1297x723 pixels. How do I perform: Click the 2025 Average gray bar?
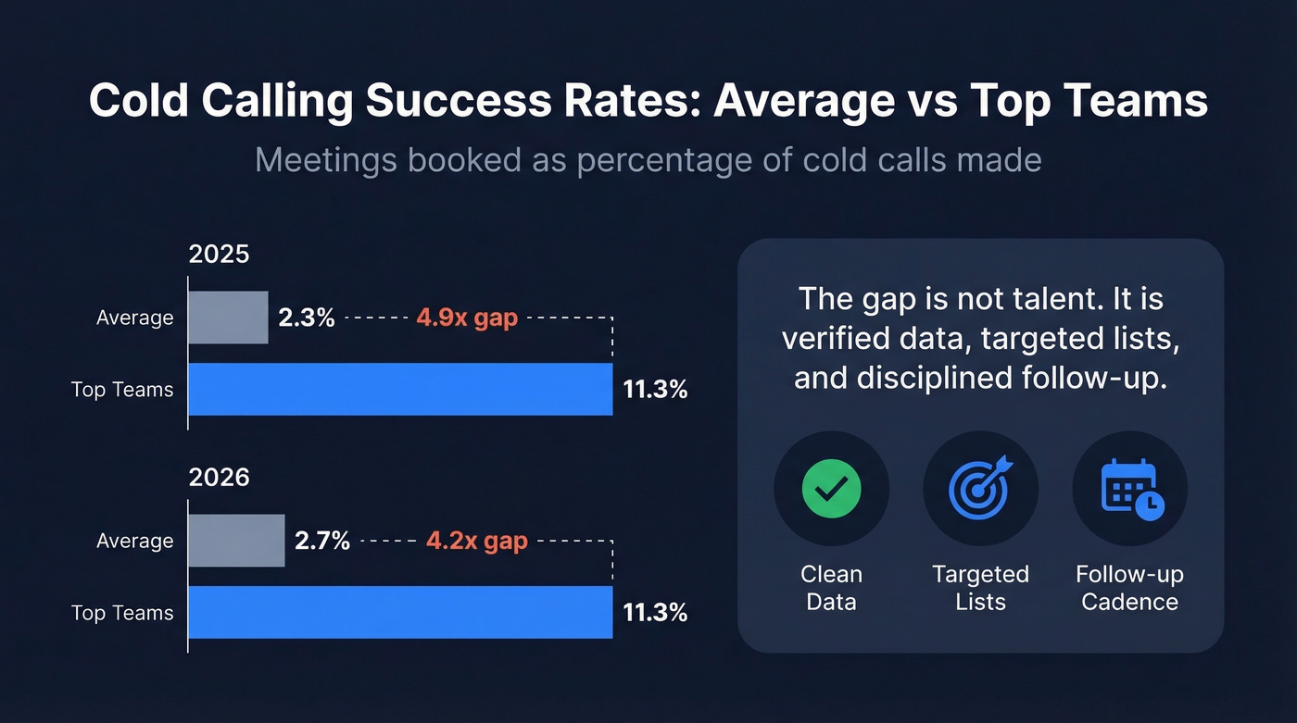pyautogui.click(x=229, y=318)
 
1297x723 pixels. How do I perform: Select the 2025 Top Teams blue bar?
pyautogui.click(x=400, y=390)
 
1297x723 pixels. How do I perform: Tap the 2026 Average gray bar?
pyautogui.click(x=236, y=541)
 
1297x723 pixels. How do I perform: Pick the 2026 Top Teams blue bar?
pyautogui.click(x=400, y=613)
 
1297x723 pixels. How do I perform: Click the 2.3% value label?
pyautogui.click(x=306, y=318)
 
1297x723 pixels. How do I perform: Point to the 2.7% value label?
pyautogui.click(x=322, y=541)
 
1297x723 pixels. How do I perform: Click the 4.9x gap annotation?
pyautogui.click(x=467, y=318)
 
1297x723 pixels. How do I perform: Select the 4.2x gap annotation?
pyautogui.click(x=476, y=541)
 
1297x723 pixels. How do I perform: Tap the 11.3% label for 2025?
pyautogui.click(x=655, y=390)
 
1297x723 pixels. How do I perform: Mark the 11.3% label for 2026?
pyautogui.click(x=655, y=613)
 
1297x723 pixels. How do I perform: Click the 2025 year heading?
pyautogui.click(x=220, y=255)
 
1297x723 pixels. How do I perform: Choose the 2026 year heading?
pyautogui.click(x=220, y=478)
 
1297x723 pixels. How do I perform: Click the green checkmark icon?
pyautogui.click(x=831, y=488)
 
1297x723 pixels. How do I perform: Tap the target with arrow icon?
pyautogui.click(x=980, y=488)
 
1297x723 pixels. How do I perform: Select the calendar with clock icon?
pyautogui.click(x=1130, y=488)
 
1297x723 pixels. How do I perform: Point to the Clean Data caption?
pyautogui.click(x=831, y=588)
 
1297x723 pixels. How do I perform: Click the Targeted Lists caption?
pyautogui.click(x=980, y=588)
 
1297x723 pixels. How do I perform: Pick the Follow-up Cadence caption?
pyautogui.click(x=1129, y=588)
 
